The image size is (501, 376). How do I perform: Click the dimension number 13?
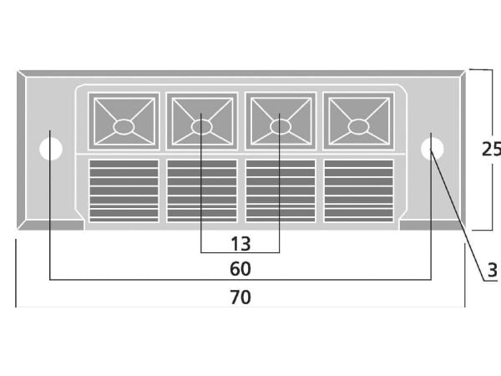tap(240, 244)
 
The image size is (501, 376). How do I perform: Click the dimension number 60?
tap(240, 269)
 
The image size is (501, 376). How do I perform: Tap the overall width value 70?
tap(240, 297)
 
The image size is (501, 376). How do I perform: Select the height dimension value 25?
tap(492, 149)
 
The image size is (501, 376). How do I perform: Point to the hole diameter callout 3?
tap(493, 270)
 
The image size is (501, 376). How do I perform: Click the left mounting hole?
tap(51, 149)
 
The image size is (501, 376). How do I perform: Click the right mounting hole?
tap(432, 149)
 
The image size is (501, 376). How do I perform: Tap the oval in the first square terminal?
tap(124, 127)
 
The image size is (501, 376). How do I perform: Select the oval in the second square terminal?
tap(201, 127)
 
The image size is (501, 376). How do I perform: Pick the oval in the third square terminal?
tap(281, 127)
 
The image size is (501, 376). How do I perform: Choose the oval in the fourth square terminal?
tap(358, 127)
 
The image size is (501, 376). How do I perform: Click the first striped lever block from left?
tap(124, 191)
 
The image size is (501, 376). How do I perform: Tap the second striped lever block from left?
tap(202, 191)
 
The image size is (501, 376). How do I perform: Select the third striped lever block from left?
tap(281, 191)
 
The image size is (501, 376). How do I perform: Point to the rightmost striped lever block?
tap(359, 191)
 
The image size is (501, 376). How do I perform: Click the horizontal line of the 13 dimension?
tap(240, 252)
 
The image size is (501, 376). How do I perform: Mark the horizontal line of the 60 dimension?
tap(240, 280)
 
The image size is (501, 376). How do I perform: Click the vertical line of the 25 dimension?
tap(493, 150)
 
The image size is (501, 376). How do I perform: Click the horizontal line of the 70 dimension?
tap(240, 307)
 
